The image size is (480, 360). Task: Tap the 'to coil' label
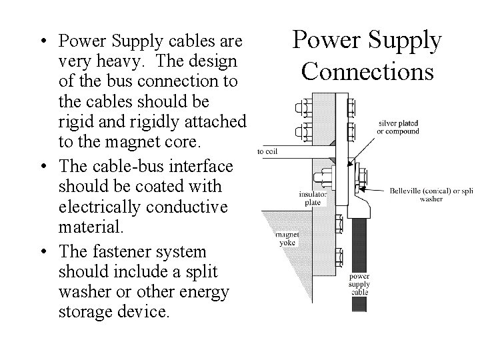click(267, 151)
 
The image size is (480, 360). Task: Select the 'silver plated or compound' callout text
click(399, 127)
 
